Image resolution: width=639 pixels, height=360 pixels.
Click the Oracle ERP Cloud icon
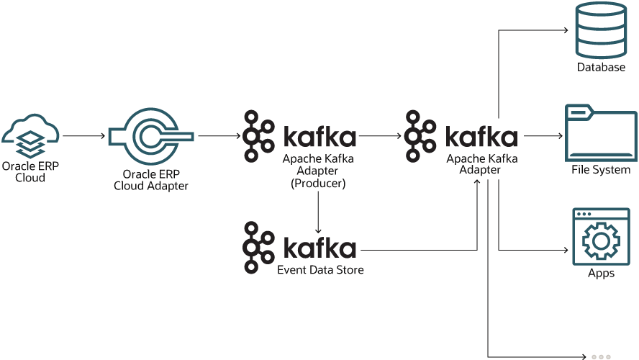(x=30, y=135)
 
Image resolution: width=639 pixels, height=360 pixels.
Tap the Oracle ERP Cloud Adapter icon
(x=150, y=135)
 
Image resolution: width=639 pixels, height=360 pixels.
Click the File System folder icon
(x=600, y=134)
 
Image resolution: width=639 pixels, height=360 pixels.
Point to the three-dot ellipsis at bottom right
(x=601, y=356)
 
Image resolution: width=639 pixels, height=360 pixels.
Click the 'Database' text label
(x=601, y=67)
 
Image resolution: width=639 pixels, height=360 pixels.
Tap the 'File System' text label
(x=601, y=170)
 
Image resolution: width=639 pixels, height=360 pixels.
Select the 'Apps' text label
(x=601, y=274)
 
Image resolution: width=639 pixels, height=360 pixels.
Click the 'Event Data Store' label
(x=320, y=270)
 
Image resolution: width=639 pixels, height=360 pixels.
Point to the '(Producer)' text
(x=318, y=184)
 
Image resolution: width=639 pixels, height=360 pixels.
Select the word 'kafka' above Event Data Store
(x=319, y=248)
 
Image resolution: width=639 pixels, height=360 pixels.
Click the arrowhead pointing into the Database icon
(x=566, y=31)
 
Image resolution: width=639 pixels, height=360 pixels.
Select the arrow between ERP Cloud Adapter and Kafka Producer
(x=219, y=135)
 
